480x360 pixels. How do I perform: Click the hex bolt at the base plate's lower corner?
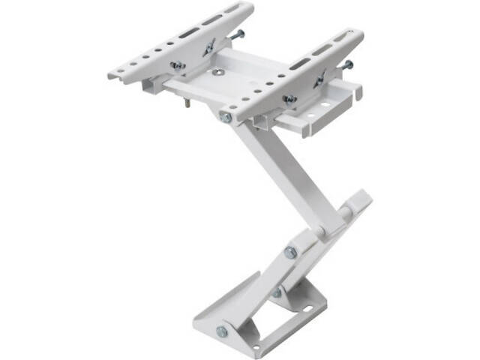click(x=221, y=331)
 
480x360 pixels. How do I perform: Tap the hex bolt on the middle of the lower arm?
click(x=290, y=253)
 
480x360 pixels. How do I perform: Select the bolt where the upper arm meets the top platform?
click(x=226, y=117)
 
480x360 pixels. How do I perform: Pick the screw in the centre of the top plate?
click(x=217, y=73)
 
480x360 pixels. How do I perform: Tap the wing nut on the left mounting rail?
click(x=211, y=46)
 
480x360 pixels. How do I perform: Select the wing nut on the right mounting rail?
click(x=320, y=77)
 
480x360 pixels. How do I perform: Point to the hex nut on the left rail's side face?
click(x=178, y=66)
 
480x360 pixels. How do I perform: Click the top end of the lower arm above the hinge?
click(x=361, y=199)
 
